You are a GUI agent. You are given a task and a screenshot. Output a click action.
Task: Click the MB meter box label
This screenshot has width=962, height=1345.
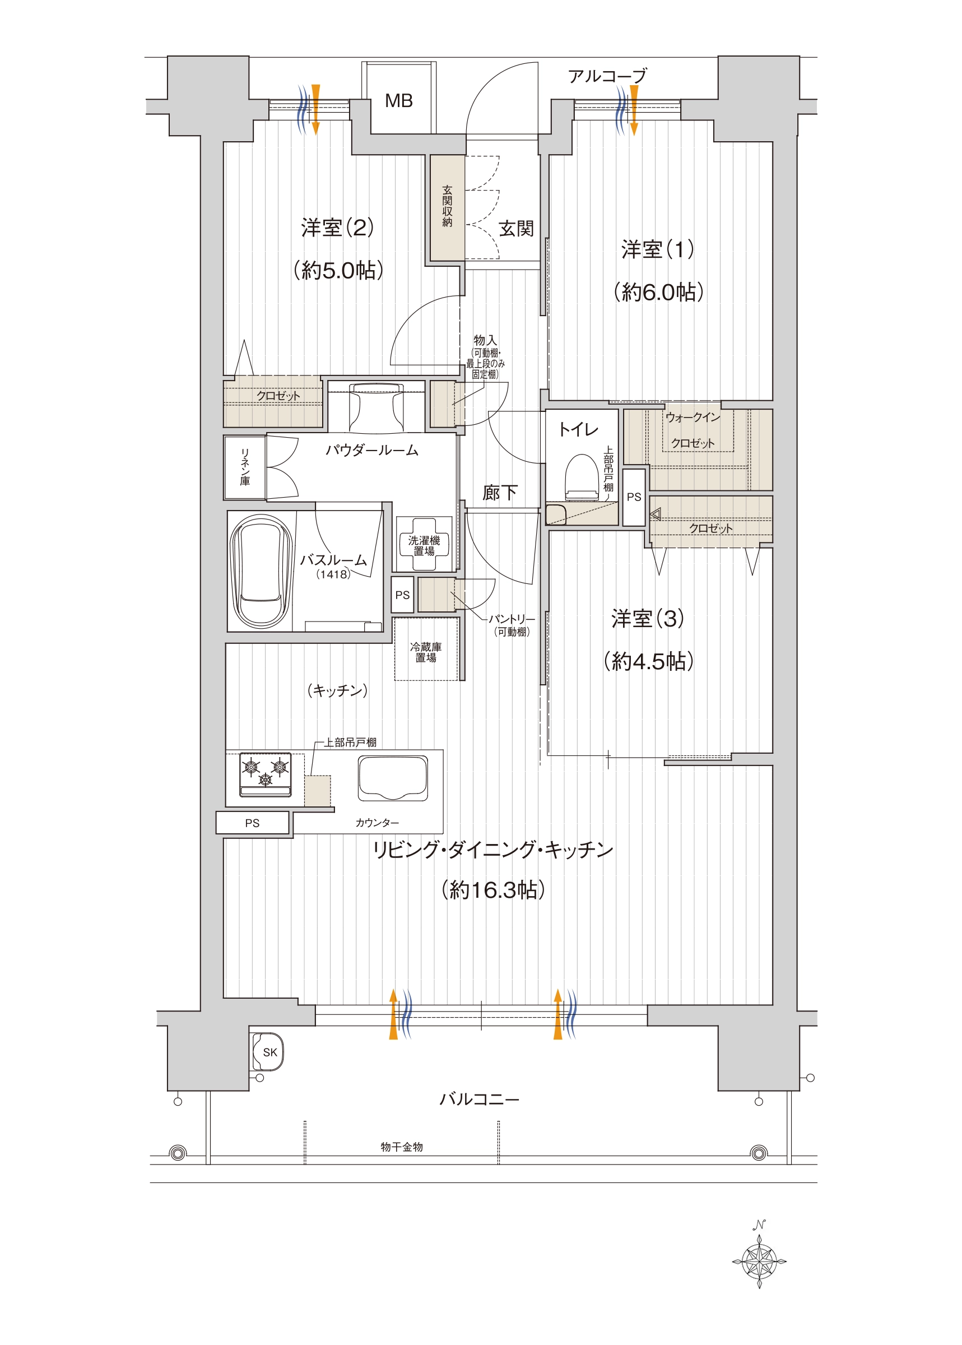(399, 101)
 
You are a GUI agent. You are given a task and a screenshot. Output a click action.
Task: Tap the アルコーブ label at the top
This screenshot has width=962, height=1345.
(607, 76)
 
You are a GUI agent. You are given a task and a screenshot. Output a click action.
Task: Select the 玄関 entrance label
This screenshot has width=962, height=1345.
(516, 229)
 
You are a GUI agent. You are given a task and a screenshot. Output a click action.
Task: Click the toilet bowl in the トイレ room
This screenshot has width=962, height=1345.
(582, 477)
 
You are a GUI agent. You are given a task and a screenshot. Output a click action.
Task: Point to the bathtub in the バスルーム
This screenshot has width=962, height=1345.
(261, 572)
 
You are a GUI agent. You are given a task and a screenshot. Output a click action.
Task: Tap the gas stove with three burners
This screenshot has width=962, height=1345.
(265, 774)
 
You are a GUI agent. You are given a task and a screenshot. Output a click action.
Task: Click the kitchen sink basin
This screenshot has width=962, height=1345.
(393, 778)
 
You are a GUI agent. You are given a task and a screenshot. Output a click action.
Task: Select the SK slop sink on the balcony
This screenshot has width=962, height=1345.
(268, 1052)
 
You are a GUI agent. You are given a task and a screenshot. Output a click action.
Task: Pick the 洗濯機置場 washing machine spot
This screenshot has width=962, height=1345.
(424, 545)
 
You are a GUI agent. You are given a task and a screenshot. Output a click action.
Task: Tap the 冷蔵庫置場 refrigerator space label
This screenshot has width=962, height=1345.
(425, 652)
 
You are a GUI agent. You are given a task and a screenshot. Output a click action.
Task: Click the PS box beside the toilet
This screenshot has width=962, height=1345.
(634, 497)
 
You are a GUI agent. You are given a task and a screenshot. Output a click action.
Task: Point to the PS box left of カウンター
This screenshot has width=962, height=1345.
(252, 823)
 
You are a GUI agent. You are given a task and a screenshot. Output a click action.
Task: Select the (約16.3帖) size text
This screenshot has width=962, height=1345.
(493, 890)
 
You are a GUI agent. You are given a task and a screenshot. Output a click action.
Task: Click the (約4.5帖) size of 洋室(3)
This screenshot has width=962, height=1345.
(648, 661)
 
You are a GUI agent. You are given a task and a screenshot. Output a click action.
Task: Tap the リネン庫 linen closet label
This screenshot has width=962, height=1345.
(245, 467)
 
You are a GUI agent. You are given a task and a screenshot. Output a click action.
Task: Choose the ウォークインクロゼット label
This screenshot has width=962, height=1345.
(693, 430)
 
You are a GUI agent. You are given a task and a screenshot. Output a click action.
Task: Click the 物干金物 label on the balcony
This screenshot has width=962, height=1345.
(402, 1147)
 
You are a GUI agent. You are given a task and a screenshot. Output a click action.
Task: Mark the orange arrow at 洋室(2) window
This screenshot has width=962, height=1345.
(316, 110)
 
